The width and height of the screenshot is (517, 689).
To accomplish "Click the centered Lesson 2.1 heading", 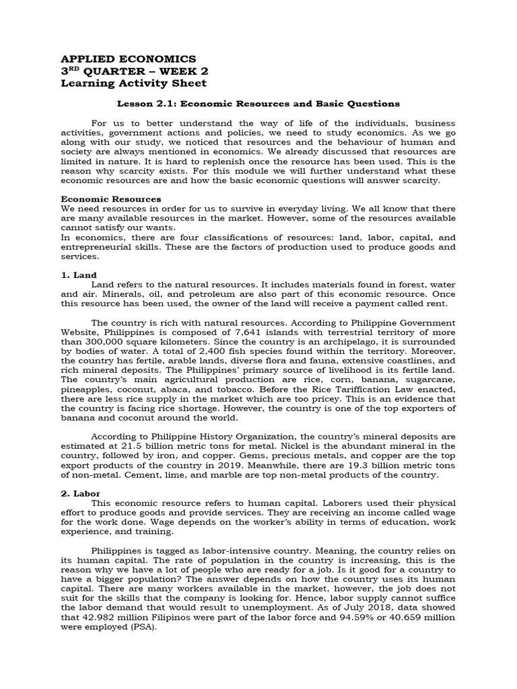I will point(258,104).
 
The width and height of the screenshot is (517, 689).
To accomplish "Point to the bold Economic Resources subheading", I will point(111,199).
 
